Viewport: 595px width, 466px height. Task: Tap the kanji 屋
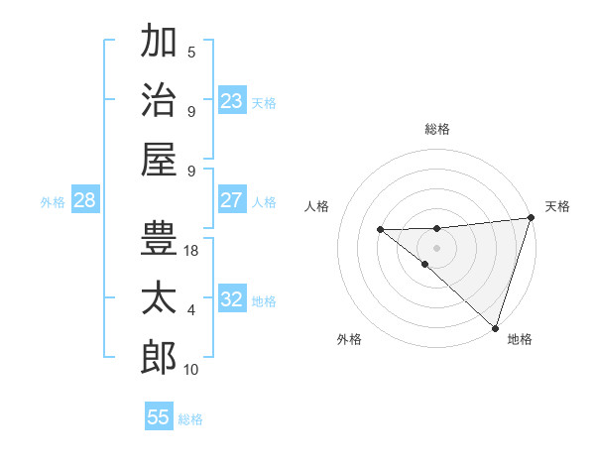[159, 158]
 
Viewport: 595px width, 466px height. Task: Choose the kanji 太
[159, 298]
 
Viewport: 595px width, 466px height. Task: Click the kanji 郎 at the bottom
[159, 358]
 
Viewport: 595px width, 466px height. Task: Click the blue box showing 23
[231, 101]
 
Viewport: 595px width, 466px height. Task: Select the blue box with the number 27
[231, 200]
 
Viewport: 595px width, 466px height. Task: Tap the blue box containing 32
[231, 299]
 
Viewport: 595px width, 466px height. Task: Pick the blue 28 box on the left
[84, 200]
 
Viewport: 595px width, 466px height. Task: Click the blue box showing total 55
[159, 417]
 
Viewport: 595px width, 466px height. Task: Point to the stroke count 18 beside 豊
[192, 251]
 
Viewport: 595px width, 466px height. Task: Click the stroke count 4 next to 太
[191, 310]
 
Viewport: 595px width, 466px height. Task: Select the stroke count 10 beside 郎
[192, 370]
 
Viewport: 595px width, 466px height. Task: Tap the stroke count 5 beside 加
[191, 53]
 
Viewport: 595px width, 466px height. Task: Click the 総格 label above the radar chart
[437, 129]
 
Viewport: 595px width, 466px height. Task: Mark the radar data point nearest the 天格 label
[532, 217]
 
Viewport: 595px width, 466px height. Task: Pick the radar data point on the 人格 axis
[380, 230]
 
